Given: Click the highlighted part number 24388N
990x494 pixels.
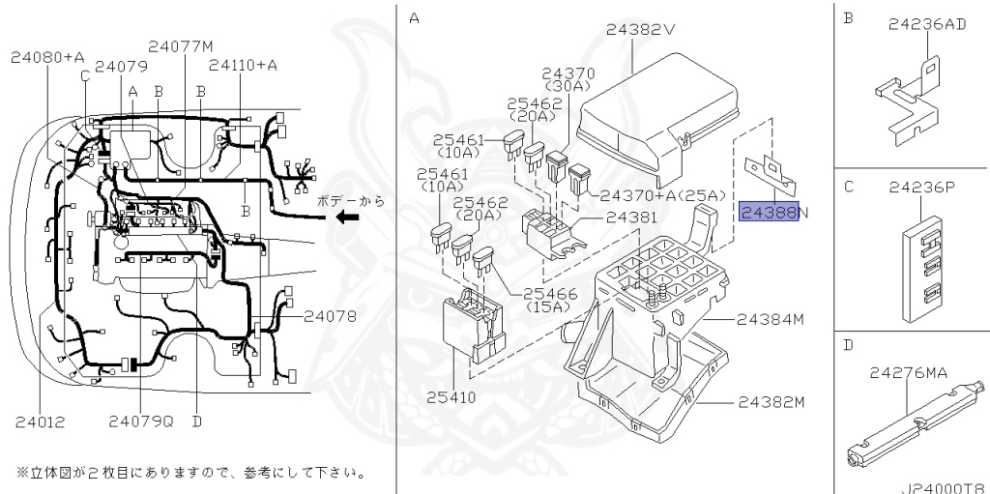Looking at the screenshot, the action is [774, 212].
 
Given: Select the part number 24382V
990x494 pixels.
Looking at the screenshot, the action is [641, 29].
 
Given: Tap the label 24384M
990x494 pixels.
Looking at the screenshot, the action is [771, 320].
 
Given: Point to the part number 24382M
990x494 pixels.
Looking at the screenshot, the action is [771, 402].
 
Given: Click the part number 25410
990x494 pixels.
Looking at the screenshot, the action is [451, 398].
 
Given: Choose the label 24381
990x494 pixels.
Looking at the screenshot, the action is [631, 218].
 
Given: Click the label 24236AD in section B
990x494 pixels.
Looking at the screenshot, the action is [927, 24].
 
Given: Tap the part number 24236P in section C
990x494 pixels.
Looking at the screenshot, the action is [922, 187].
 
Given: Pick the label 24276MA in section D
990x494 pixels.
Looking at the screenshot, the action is [908, 373].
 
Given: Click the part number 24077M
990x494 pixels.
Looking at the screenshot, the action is [181, 46].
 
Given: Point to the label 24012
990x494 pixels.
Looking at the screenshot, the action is [39, 421].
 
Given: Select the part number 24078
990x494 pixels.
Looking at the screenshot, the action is [330, 316].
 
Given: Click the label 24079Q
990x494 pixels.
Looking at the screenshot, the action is [141, 421].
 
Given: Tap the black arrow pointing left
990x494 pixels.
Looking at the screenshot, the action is [347, 218].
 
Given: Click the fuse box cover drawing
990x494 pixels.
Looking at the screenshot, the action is [656, 120].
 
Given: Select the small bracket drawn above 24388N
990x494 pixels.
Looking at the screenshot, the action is [771, 174].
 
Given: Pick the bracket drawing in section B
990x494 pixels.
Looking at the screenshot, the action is [907, 102].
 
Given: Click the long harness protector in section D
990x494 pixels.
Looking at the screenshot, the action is [916, 424].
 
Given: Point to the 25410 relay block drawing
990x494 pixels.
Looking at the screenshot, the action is [473, 327].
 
